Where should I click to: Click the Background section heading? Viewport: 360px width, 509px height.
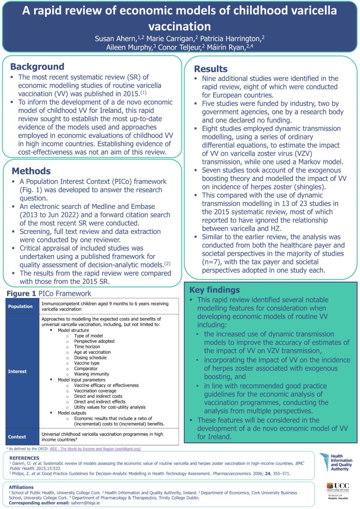[x=37, y=67]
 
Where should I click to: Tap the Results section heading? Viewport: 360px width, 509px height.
[x=211, y=69]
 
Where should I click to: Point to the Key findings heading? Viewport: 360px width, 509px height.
[x=215, y=290]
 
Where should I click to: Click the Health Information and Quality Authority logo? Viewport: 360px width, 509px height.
[x=337, y=463]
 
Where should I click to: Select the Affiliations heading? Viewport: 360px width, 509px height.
[x=22, y=486]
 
